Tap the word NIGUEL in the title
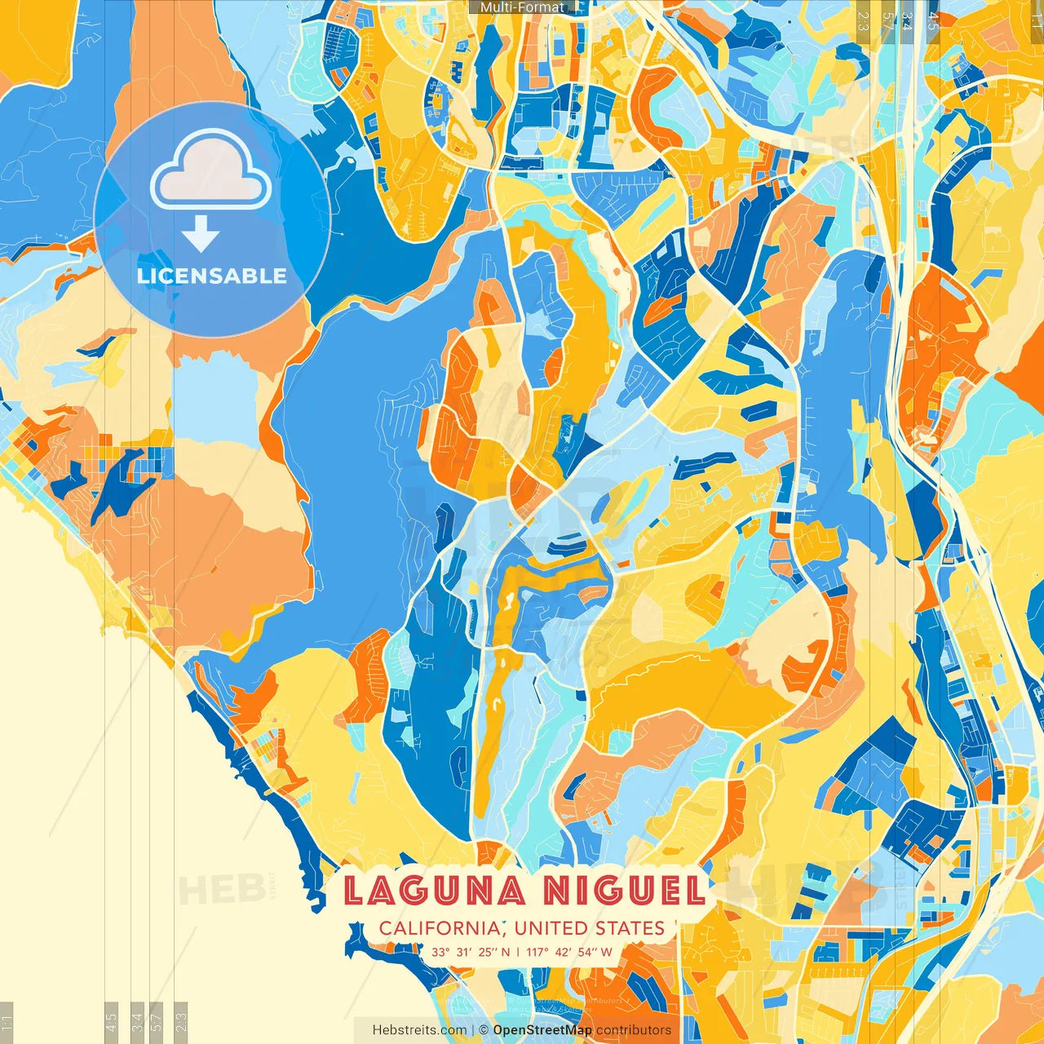[625, 890]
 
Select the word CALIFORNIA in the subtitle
[440, 928]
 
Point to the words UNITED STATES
[590, 928]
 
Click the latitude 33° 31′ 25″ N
[471, 952]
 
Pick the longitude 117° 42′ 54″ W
[569, 952]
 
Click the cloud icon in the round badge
[211, 171]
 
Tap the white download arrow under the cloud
[201, 235]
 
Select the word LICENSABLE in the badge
[212, 276]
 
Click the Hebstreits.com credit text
[419, 1030]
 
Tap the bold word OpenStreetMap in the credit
[542, 1030]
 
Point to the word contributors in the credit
[634, 1030]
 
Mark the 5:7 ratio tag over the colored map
[887, 20]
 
